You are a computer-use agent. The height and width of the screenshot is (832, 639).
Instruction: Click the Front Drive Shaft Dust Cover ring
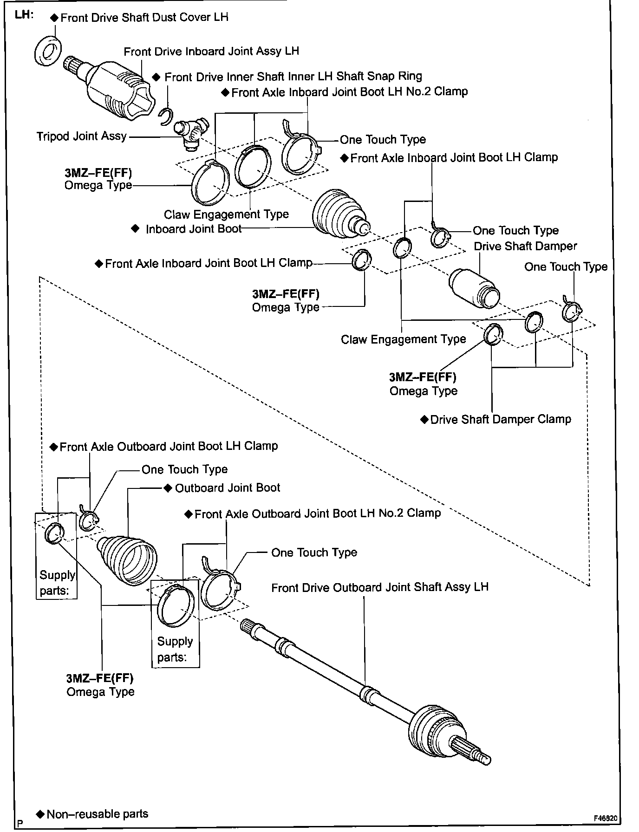pos(48,51)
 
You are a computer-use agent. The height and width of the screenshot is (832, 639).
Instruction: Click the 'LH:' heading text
pos(24,14)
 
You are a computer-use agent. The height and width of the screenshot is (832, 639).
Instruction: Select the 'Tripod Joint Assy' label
pos(82,136)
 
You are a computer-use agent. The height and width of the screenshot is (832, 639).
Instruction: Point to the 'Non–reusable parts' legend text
pos(98,814)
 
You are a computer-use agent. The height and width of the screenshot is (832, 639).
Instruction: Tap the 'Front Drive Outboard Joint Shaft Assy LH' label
pos(380,587)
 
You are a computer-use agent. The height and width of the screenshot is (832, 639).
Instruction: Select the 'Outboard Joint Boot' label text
pos(228,488)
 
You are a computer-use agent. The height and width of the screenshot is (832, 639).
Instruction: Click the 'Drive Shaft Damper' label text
pos(525,246)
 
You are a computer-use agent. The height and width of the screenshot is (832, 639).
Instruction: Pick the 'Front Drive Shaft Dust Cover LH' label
pos(144,18)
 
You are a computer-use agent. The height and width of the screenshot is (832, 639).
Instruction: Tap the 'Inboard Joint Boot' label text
pos(194,229)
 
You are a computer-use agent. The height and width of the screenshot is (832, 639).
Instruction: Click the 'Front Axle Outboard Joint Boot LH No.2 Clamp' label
pos(317,513)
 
